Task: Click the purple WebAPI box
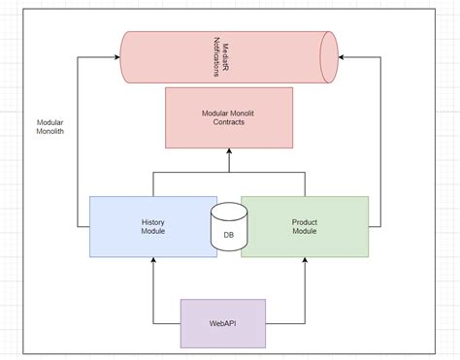tap(223, 324)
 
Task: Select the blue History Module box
tap(151, 226)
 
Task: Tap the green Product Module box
tap(305, 226)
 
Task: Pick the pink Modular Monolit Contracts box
tap(228, 117)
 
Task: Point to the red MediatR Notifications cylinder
tap(228, 56)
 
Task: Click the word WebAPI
tap(223, 324)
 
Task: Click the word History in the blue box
tap(152, 221)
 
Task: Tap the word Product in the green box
tap(305, 221)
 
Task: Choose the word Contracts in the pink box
tap(228, 123)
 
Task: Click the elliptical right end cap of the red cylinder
tap(328, 56)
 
